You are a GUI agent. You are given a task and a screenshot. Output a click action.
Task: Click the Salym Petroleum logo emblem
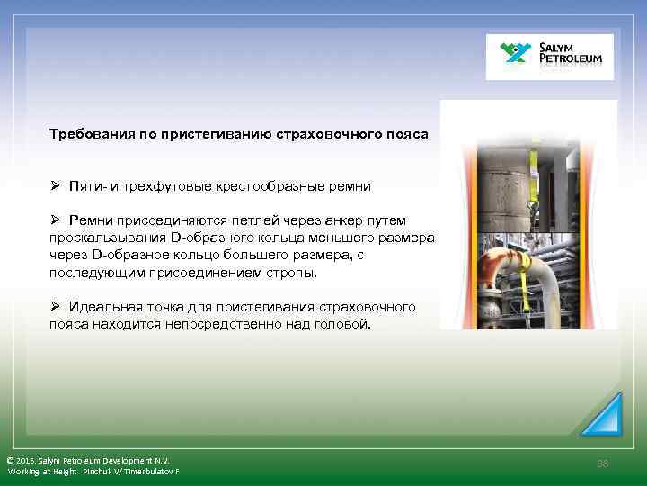tap(518, 55)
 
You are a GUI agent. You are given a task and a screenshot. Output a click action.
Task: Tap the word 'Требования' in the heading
tap(91, 134)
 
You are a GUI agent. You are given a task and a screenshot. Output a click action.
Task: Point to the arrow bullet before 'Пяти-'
tap(55, 186)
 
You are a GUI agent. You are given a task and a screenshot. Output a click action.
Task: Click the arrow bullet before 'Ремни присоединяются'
tap(55, 220)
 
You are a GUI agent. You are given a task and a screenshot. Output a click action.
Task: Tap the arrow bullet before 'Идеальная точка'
tap(55, 307)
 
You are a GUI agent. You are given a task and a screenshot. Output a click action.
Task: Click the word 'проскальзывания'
tap(107, 238)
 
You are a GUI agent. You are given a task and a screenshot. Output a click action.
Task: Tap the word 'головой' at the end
tap(342, 324)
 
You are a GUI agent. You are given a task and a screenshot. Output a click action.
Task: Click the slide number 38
tap(603, 463)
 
